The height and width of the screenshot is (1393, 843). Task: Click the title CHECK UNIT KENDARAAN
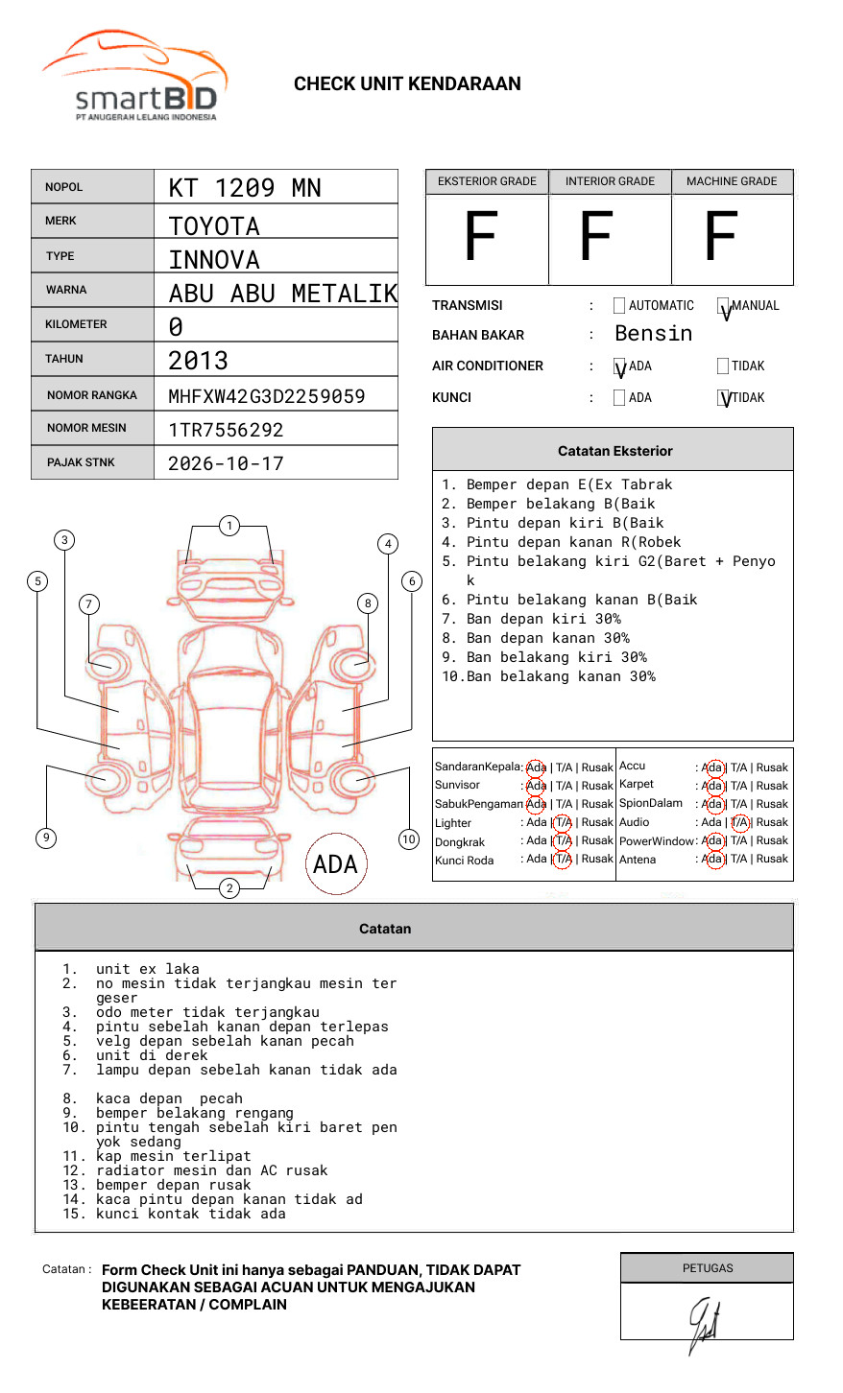407,84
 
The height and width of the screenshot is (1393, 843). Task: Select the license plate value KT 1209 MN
245,188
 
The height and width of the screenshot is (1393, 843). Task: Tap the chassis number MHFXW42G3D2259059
266,396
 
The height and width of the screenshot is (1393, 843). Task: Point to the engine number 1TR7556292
226,430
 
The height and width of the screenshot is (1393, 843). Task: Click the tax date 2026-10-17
226,464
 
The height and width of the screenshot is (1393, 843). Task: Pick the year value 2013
198,361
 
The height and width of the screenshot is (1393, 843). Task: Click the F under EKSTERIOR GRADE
480,237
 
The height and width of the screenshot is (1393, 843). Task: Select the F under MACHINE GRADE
720,237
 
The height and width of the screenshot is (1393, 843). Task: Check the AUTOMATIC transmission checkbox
619,306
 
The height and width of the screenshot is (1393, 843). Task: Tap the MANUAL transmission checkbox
723,306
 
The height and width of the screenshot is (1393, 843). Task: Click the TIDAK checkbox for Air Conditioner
723,366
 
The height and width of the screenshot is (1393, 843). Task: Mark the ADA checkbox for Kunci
619,397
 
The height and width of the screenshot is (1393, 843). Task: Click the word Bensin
653,334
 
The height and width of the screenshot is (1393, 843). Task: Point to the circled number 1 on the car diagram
229,526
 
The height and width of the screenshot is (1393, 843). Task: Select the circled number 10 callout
409,839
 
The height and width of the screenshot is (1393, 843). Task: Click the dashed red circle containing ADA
335,863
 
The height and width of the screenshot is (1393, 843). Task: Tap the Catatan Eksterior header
614,451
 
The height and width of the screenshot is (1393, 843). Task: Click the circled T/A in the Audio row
739,822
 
